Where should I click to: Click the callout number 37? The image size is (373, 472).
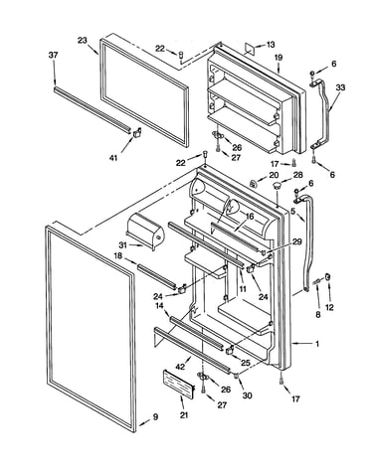[x=54, y=55]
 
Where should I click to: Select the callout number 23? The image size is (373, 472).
[x=83, y=41]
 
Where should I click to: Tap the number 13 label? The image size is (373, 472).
[x=271, y=45]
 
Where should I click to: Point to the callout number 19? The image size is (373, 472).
[x=279, y=58]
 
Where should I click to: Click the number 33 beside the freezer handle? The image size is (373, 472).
[x=340, y=87]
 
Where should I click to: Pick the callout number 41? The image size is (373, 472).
[x=113, y=158]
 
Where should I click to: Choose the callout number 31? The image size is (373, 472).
[x=123, y=245]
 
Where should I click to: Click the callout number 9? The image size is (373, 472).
[x=155, y=417]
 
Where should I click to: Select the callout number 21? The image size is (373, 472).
[x=184, y=414]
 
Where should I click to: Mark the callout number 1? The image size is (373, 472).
[x=317, y=344]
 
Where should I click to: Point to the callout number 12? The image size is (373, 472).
[x=329, y=308]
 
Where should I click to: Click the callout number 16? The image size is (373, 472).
[x=250, y=217]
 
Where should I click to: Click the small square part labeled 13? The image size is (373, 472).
[x=250, y=48]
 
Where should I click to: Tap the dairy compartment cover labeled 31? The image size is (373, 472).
[x=144, y=231]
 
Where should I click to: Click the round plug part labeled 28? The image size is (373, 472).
[x=276, y=185]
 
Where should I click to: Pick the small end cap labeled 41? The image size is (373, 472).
[x=137, y=132]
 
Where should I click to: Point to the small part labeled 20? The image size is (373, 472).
[x=254, y=183]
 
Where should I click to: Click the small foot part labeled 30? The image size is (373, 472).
[x=237, y=376]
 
